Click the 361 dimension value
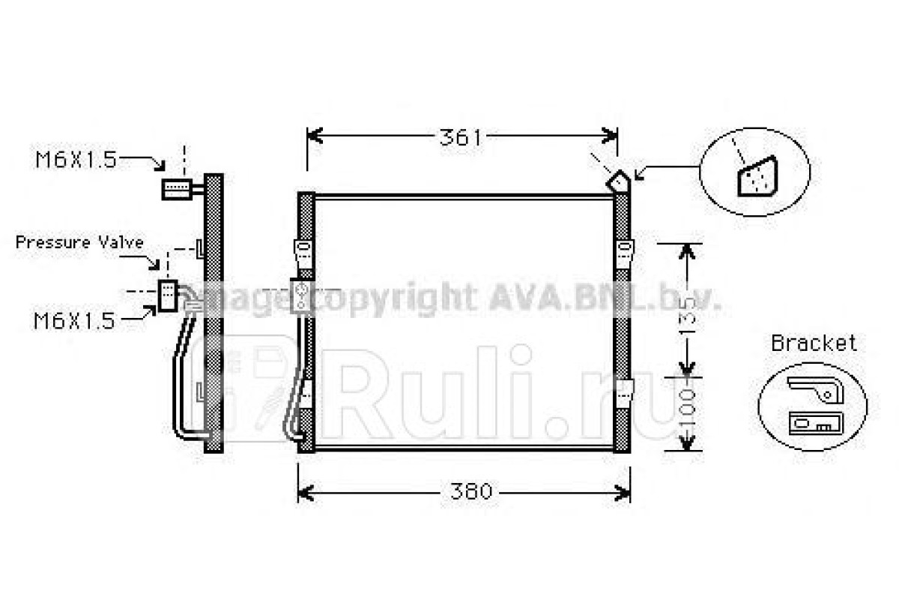pyautogui.click(x=460, y=137)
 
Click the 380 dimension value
pyautogui.click(x=470, y=491)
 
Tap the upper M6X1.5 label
pyautogui.click(x=76, y=160)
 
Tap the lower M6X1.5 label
pyautogui.click(x=74, y=321)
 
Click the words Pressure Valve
pyautogui.click(x=79, y=242)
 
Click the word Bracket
pyautogui.click(x=814, y=343)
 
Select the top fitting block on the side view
pyautogui.click(x=177, y=189)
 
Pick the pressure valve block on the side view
pyautogui.click(x=168, y=295)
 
